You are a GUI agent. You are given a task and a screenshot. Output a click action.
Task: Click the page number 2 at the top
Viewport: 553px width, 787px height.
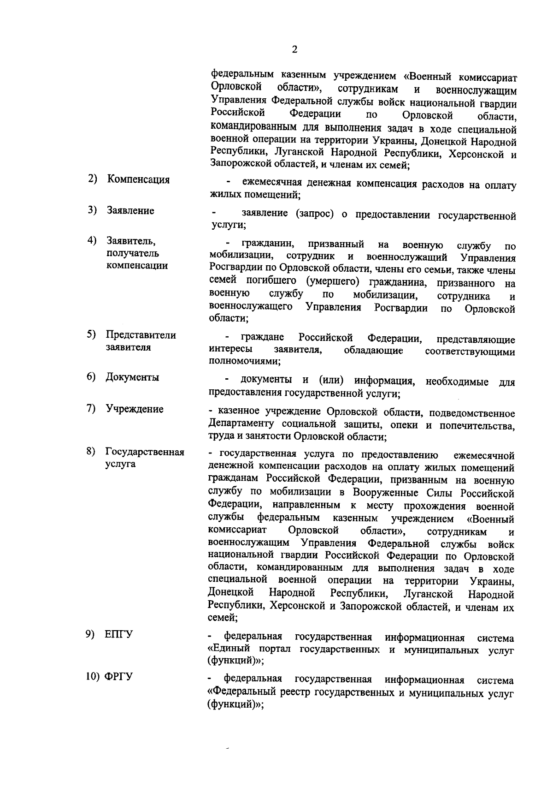pyautogui.click(x=294, y=50)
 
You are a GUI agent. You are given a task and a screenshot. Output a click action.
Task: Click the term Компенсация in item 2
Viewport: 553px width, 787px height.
pyautogui.click(x=138, y=179)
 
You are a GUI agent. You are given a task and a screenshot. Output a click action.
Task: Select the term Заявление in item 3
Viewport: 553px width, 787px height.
pyautogui.click(x=130, y=211)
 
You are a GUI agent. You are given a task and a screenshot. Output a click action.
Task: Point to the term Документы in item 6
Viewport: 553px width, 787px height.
pyautogui.click(x=132, y=377)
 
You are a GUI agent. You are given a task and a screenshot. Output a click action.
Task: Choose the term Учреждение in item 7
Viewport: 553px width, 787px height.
pyautogui.click(x=134, y=409)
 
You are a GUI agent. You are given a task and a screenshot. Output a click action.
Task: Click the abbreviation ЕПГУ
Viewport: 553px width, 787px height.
pyautogui.click(x=118, y=634)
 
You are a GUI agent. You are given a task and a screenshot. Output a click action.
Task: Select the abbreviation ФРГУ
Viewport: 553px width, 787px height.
pyautogui.click(x=119, y=677)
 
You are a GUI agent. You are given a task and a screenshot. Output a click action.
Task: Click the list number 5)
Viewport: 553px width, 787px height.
pyautogui.click(x=92, y=334)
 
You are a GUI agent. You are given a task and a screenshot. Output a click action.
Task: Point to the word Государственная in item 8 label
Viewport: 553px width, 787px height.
pyautogui.click(x=145, y=452)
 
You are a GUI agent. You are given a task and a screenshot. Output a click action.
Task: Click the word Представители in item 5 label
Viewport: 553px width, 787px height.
pyautogui.click(x=141, y=335)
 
